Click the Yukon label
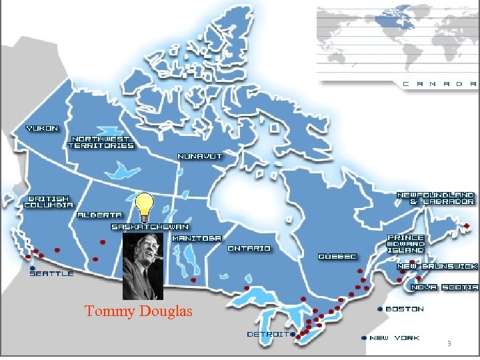pyautogui.click(x=42, y=128)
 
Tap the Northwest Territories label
pyautogui.click(x=101, y=142)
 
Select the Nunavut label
pyautogui.click(x=200, y=156)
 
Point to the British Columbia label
pyautogui.click(x=49, y=202)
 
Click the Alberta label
pyautogui.click(x=99, y=215)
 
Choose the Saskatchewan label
pyautogui.click(x=149, y=227)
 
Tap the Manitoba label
pyautogui.click(x=197, y=238)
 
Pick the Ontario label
pyautogui.click(x=249, y=249)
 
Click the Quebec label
pyautogui.click(x=337, y=257)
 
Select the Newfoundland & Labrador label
pyautogui.click(x=436, y=198)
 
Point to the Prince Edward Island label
pyautogui.click(x=406, y=243)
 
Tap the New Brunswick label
pyautogui.click(x=437, y=266)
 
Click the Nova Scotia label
pyautogui.click(x=445, y=287)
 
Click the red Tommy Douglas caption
pyautogui.click(x=139, y=311)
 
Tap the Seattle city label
pyautogui.click(x=51, y=273)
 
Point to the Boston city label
pyautogui.click(x=404, y=309)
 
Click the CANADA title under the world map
pyautogui.click(x=440, y=84)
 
